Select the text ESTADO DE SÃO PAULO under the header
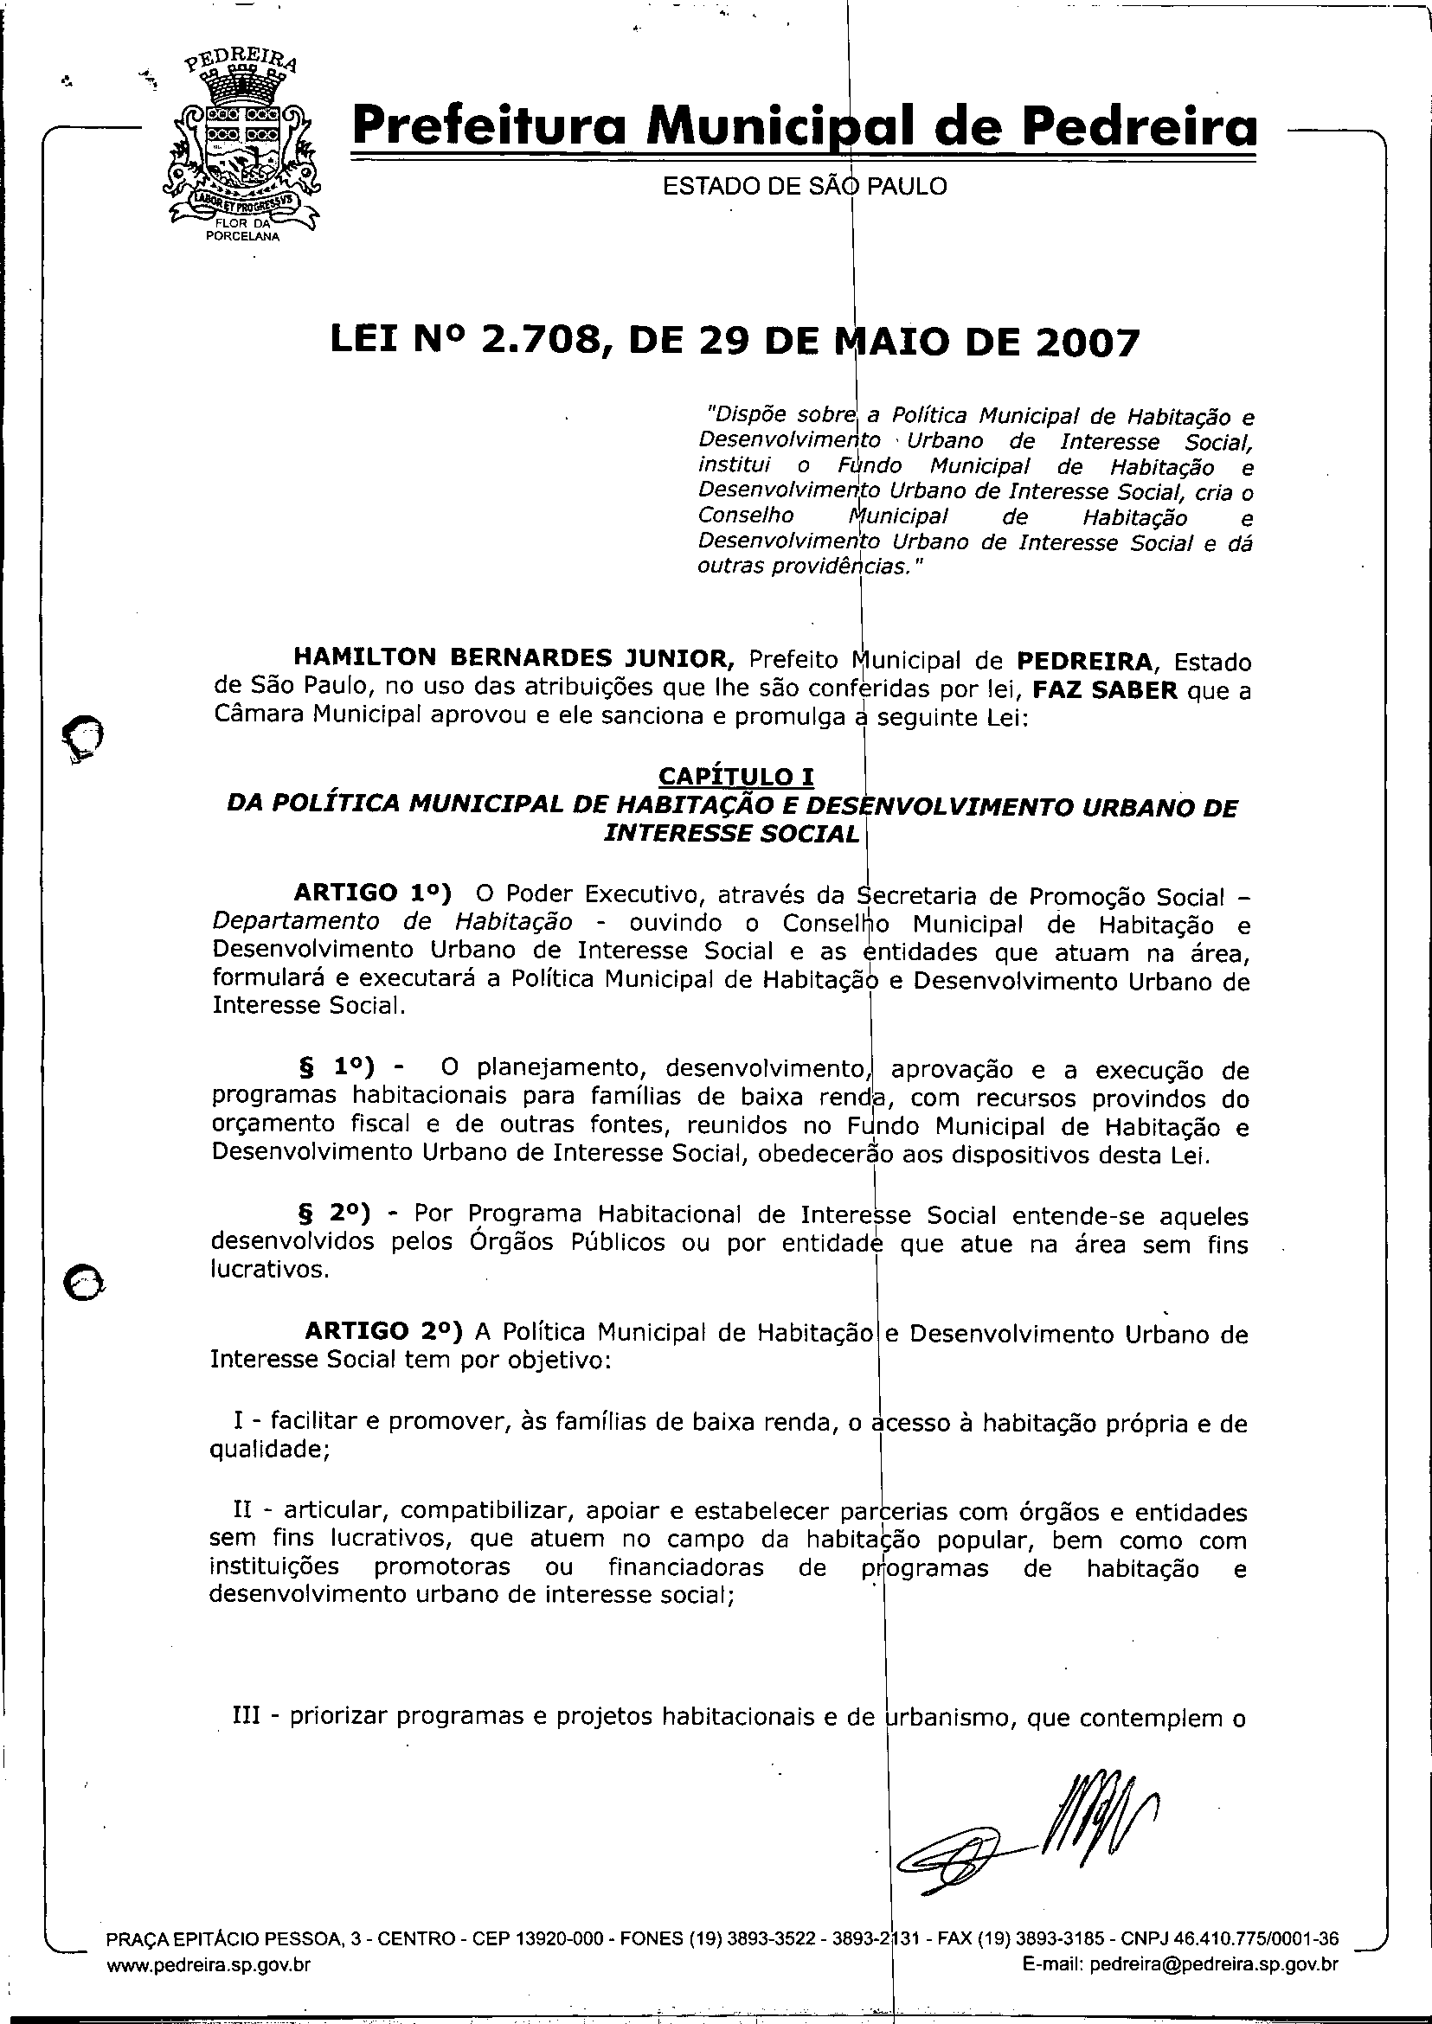coord(804,187)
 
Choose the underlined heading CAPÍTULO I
coord(736,776)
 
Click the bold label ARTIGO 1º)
coord(373,893)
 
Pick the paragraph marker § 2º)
coord(335,1213)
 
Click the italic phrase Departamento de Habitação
coord(392,922)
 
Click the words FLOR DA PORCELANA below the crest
coord(241,230)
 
